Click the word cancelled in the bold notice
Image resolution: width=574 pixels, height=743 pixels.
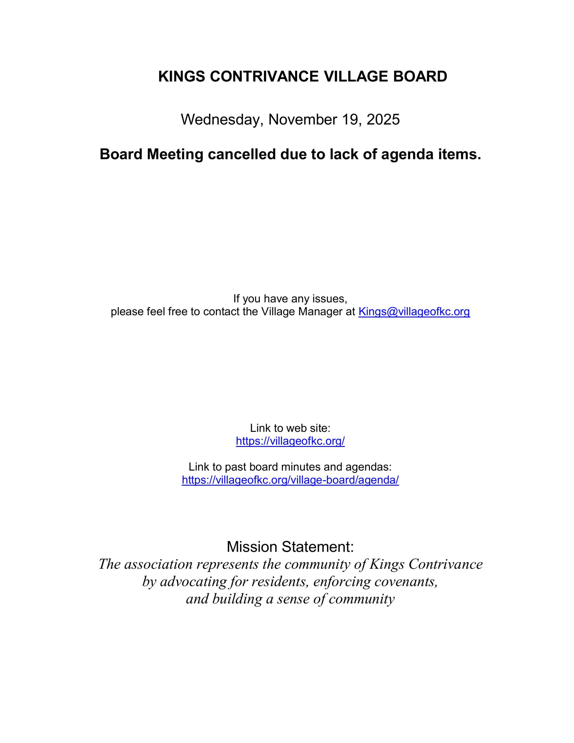[241, 154]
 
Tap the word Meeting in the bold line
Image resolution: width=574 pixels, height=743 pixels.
[175, 154]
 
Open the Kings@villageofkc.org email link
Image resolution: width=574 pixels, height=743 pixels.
[414, 312]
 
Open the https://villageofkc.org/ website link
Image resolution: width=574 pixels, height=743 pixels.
[290, 441]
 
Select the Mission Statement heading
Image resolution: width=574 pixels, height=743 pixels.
[290, 547]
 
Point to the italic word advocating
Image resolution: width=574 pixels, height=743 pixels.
[193, 582]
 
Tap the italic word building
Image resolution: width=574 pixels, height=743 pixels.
[237, 599]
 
